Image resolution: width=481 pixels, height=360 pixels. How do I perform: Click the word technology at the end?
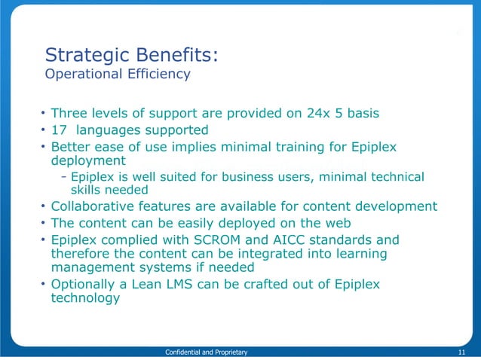tap(84, 298)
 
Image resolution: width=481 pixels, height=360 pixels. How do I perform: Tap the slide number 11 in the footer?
tap(461, 352)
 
